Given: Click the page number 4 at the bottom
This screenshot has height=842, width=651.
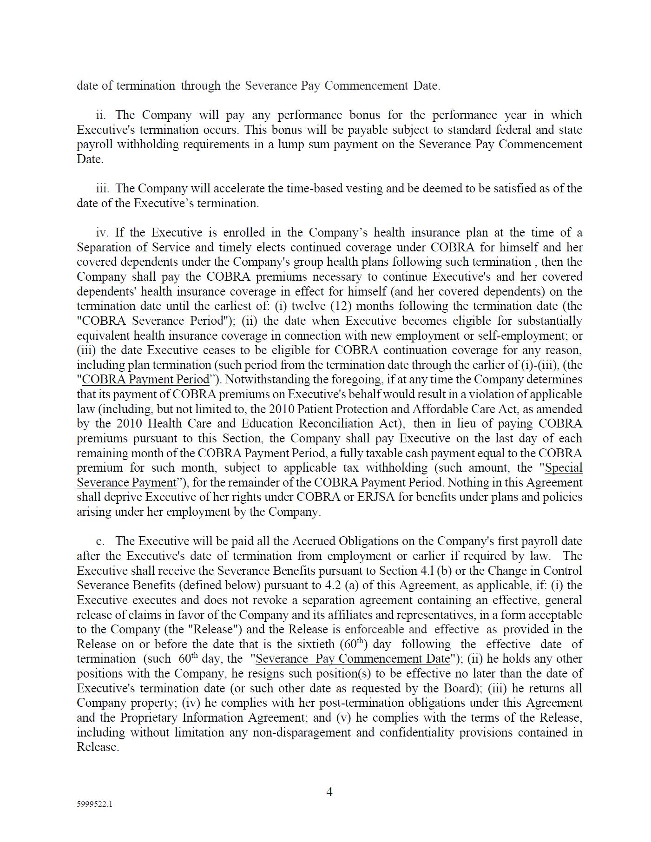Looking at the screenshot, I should pos(329,792).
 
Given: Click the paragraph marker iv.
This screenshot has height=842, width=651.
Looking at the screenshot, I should pos(102,233).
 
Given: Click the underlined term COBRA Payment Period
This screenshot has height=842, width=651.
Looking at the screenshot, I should pos(145,380).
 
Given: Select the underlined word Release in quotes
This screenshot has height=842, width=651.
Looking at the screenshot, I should pos(213,630).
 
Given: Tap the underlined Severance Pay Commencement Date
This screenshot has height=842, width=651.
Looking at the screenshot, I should pos(353,659).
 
